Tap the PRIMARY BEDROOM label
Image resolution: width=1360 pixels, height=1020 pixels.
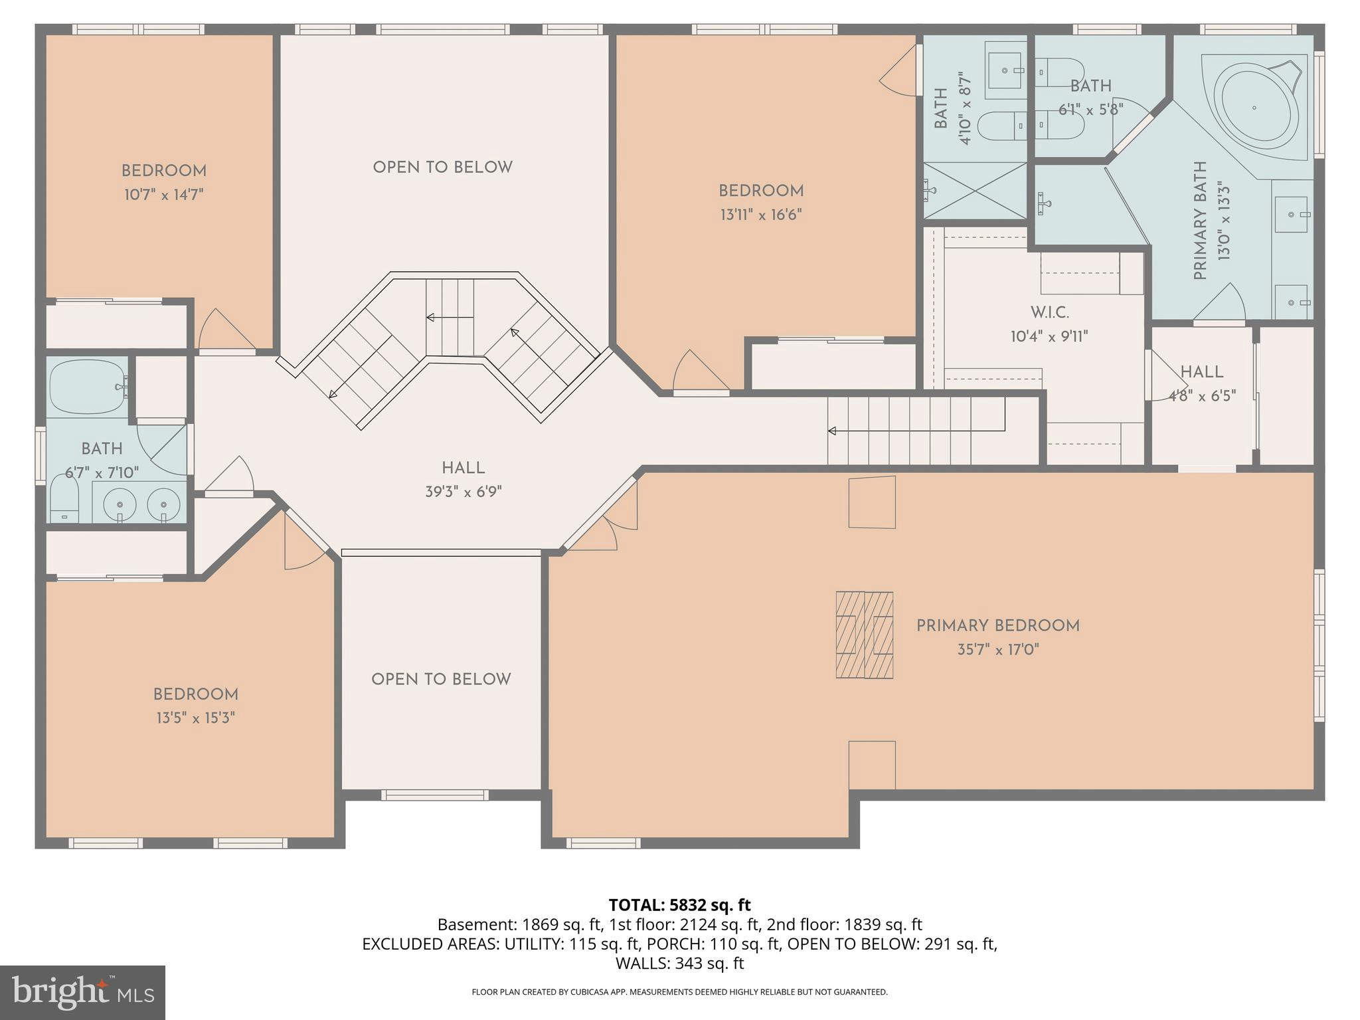[998, 626]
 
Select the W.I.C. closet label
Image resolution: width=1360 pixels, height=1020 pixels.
[1049, 312]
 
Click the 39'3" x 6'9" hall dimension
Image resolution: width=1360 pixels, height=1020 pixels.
[464, 492]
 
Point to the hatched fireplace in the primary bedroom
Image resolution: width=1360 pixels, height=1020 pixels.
[864, 635]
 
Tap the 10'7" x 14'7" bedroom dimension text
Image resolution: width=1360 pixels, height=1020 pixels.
[163, 195]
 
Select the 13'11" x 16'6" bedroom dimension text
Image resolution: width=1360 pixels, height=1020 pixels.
[761, 215]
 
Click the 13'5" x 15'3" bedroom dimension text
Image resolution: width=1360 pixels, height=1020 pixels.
[195, 718]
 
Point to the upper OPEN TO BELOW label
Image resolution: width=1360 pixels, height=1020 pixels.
[443, 167]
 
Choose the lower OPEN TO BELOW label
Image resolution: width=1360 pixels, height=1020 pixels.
[441, 680]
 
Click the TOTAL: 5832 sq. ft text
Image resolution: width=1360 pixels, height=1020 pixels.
[679, 905]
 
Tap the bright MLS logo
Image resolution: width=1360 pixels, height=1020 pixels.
[83, 992]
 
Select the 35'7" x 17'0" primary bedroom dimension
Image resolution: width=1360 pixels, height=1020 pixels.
[998, 649]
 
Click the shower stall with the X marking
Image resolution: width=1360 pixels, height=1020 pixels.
[976, 191]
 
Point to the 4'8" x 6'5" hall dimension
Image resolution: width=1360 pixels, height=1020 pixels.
[1202, 396]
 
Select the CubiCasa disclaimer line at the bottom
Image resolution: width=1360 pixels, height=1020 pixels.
[679, 992]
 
